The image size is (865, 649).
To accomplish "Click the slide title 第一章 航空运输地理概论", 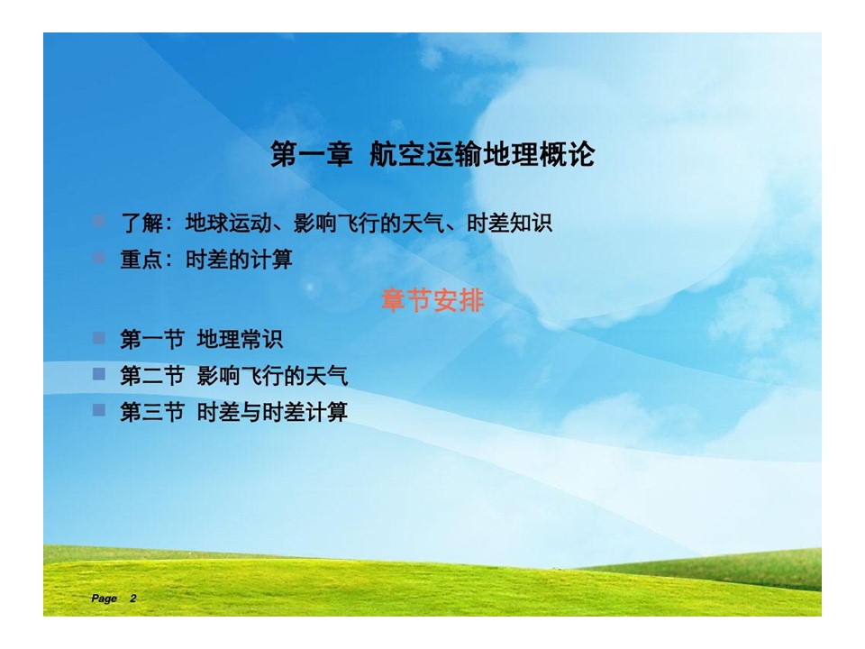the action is coord(432,154).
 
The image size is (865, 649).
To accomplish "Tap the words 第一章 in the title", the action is coord(312,154).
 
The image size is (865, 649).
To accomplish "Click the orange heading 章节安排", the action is coord(432,301).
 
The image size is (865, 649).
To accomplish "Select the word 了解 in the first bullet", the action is coord(141,224).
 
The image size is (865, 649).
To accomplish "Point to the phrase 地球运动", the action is coord(228,224).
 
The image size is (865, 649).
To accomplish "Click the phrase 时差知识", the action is coord(509,224).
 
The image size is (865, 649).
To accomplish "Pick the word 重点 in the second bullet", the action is coord(141,260).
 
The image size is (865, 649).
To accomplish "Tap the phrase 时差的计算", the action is coord(239,260).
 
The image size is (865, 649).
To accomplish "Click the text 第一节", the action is coord(152,340).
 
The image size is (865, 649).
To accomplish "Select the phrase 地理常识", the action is coord(240,340).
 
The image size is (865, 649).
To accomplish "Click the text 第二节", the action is coord(152,376).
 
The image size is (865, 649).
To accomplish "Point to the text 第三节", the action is coord(152,412).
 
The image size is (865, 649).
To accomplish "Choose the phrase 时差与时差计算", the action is coord(272,412).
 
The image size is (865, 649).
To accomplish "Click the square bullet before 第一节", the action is coord(99,338).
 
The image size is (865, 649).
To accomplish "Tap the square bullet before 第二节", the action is coord(99,374).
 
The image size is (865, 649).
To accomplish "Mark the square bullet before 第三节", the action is coord(99,410).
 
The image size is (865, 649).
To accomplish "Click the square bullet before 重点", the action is coord(99,258).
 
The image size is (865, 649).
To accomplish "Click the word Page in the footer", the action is coord(105,599).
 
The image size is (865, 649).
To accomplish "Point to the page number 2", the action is coord(133,599).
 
